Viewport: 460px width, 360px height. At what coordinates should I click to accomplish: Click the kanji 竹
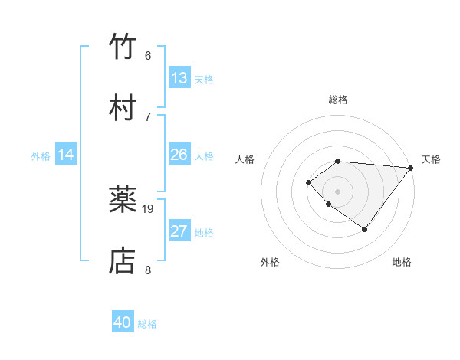click(123, 47)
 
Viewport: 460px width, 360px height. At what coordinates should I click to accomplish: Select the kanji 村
click(123, 107)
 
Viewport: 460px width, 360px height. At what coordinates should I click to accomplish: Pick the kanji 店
click(123, 260)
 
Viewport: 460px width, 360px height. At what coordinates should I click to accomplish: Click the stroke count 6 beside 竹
click(148, 56)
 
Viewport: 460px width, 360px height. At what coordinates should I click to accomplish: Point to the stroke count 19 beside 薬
click(149, 208)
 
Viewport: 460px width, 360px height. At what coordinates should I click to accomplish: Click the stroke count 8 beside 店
click(148, 270)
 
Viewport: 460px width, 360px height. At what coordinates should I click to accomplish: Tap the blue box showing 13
click(179, 78)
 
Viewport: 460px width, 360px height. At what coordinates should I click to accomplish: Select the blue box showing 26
click(179, 155)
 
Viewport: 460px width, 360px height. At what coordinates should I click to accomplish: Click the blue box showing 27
click(179, 231)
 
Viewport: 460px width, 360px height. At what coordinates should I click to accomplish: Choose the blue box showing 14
click(66, 155)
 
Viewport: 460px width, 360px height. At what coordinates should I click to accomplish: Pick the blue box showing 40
click(123, 322)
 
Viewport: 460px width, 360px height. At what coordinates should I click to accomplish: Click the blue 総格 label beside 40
click(147, 324)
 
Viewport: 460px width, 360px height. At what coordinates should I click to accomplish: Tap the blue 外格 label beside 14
click(41, 156)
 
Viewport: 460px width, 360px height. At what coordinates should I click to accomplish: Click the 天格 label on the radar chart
click(431, 159)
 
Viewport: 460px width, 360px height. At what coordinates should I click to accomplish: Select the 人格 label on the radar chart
click(245, 159)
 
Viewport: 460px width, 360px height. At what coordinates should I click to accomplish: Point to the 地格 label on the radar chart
click(402, 262)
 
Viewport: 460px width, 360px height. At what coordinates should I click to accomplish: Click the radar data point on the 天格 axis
click(411, 168)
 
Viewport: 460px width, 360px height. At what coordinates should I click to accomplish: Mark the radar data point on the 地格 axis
click(365, 229)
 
